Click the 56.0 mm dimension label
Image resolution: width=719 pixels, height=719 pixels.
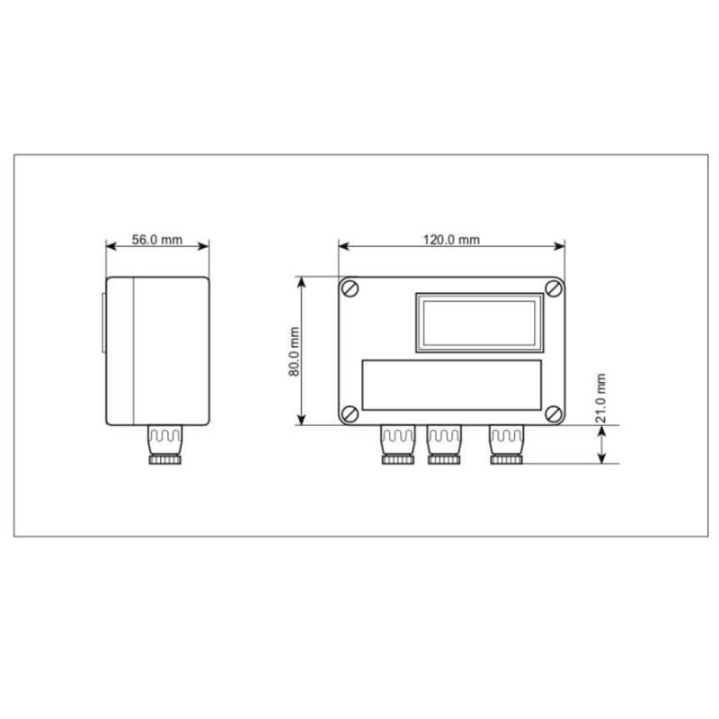point(157,240)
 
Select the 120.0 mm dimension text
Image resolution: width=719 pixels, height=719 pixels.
point(451,240)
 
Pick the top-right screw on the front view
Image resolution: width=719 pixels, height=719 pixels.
point(555,288)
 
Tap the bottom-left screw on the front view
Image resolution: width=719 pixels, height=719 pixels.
point(351,413)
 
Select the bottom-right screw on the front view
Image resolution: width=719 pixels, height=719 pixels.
point(555,413)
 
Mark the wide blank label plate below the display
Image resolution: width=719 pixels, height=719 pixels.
point(451,384)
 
